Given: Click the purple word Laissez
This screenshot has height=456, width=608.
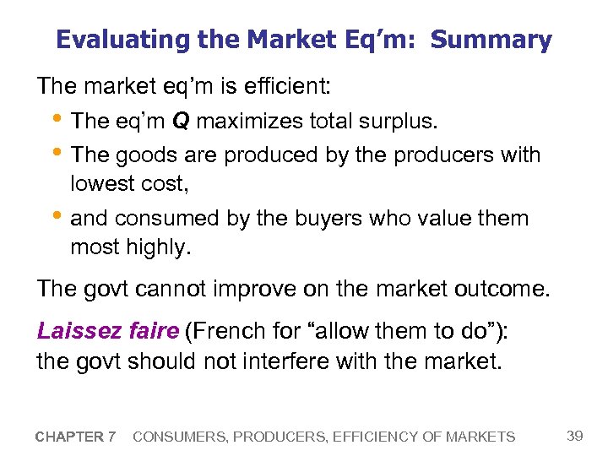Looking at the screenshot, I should click(x=75, y=330).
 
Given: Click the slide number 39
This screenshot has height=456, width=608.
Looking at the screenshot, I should click(x=575, y=436).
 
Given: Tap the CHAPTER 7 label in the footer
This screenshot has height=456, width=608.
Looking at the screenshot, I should click(x=76, y=437).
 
